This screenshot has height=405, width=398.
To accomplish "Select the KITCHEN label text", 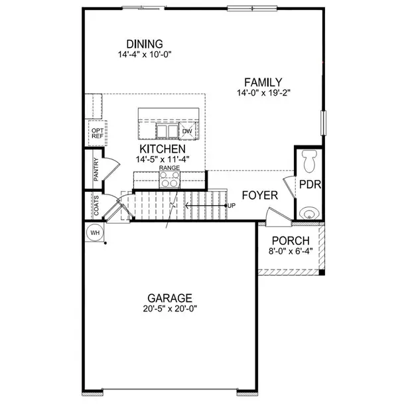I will coord(157,149).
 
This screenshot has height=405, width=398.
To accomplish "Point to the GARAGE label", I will coord(169,298).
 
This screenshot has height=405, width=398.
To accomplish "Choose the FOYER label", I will coord(259,195).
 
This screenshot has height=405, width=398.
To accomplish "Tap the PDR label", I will coord(309,184).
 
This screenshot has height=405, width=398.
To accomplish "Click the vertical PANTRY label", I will coord(96,169).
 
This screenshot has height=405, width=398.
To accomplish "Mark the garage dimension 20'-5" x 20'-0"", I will coord(169,308).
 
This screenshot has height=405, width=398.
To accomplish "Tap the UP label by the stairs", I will coord(231,205).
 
